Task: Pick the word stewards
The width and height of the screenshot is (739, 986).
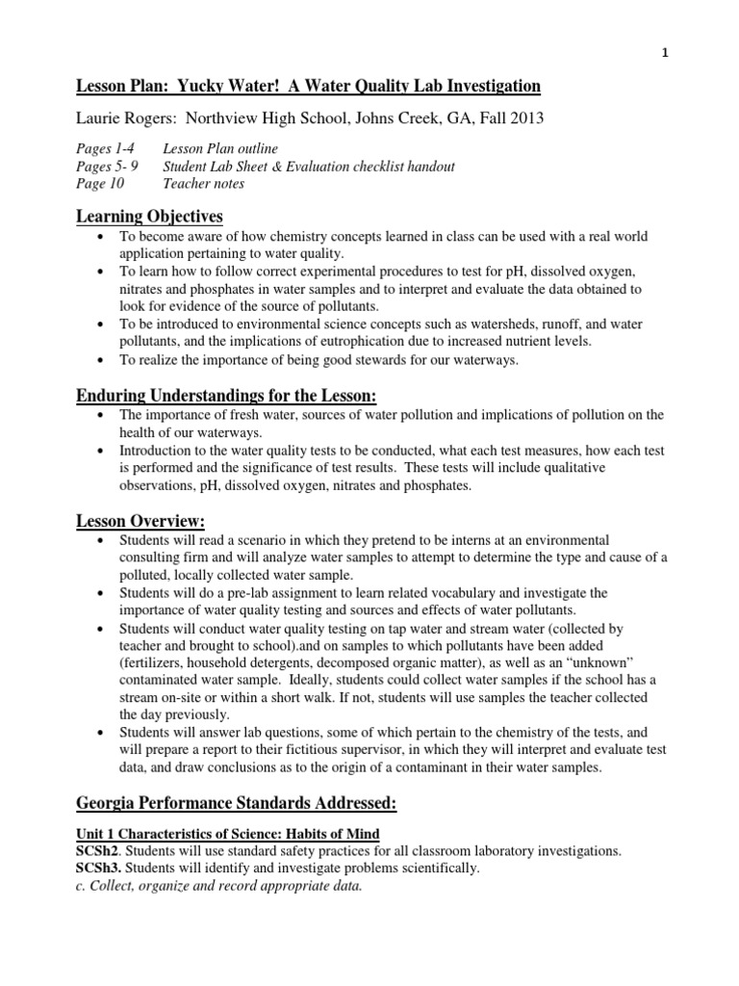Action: (x=370, y=359)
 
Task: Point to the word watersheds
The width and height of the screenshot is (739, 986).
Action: (x=494, y=324)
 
